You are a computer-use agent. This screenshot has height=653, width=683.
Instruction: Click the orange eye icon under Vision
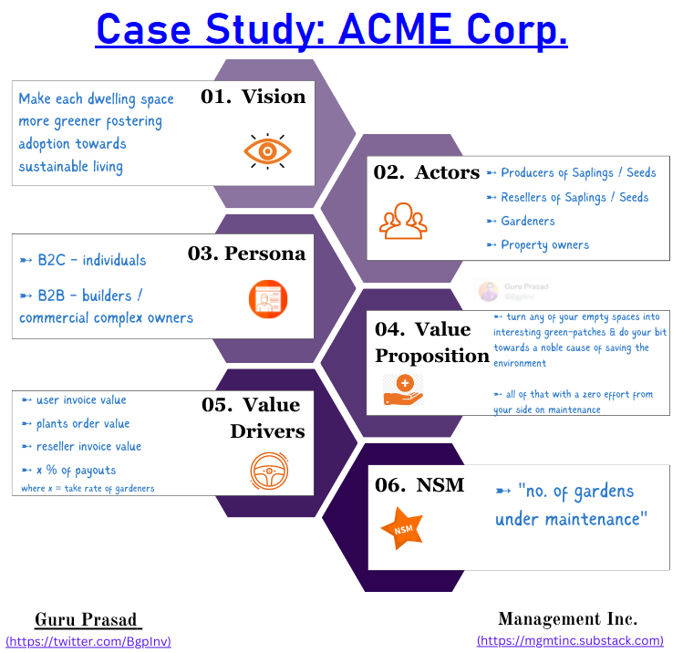pos(267,150)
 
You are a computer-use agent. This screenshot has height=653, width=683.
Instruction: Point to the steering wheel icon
pos(267,471)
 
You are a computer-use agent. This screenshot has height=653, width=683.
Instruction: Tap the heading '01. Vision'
pos(253,97)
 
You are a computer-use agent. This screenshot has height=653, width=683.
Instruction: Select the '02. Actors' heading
pos(426,172)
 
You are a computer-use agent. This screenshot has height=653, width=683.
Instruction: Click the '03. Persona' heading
pos(246,254)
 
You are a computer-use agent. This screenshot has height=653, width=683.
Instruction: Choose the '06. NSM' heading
pos(419,485)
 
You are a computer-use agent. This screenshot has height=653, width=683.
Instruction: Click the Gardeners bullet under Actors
pos(527,221)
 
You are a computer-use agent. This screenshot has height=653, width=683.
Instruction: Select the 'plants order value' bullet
pos(82,423)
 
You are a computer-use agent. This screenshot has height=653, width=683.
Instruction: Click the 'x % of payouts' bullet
pos(76,470)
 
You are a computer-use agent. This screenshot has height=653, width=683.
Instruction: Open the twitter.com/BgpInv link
pos(88,641)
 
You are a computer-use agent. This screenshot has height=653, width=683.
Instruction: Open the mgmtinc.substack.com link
pos(570,641)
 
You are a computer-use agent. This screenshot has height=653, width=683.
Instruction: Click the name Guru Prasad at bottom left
pos(88,620)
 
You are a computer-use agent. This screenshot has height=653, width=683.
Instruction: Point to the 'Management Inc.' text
pos(567,620)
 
